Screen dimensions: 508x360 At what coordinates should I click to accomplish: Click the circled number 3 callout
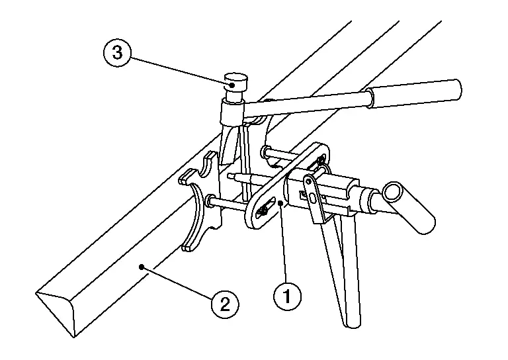click(117, 53)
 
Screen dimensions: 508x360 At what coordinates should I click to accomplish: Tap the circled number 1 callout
click(287, 296)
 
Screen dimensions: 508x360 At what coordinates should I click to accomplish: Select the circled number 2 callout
click(225, 304)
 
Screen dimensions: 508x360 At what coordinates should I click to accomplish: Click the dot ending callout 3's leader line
click(232, 85)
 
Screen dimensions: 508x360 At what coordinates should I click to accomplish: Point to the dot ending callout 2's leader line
click(141, 267)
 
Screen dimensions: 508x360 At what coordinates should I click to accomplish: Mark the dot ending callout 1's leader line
click(280, 203)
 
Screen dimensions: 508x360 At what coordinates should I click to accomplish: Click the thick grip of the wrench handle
click(415, 93)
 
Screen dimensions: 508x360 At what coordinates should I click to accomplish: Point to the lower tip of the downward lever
click(353, 325)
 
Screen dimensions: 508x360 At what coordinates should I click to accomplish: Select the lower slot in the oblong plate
click(264, 210)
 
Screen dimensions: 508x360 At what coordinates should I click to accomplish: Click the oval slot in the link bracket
click(312, 197)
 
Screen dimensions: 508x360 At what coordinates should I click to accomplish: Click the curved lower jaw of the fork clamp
click(194, 217)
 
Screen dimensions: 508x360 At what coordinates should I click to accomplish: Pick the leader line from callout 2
click(177, 282)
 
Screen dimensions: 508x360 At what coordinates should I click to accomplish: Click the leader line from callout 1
click(283, 243)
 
